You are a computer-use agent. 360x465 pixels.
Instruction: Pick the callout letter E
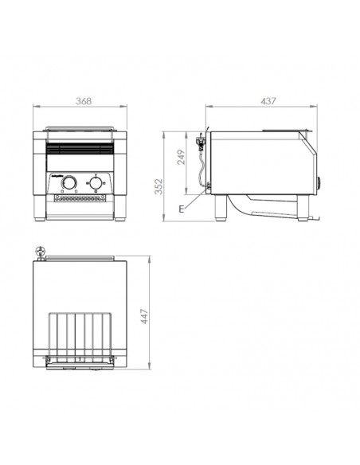click(182, 209)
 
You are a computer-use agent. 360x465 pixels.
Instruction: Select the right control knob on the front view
click(96, 185)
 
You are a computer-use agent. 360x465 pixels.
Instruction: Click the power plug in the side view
click(200, 145)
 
